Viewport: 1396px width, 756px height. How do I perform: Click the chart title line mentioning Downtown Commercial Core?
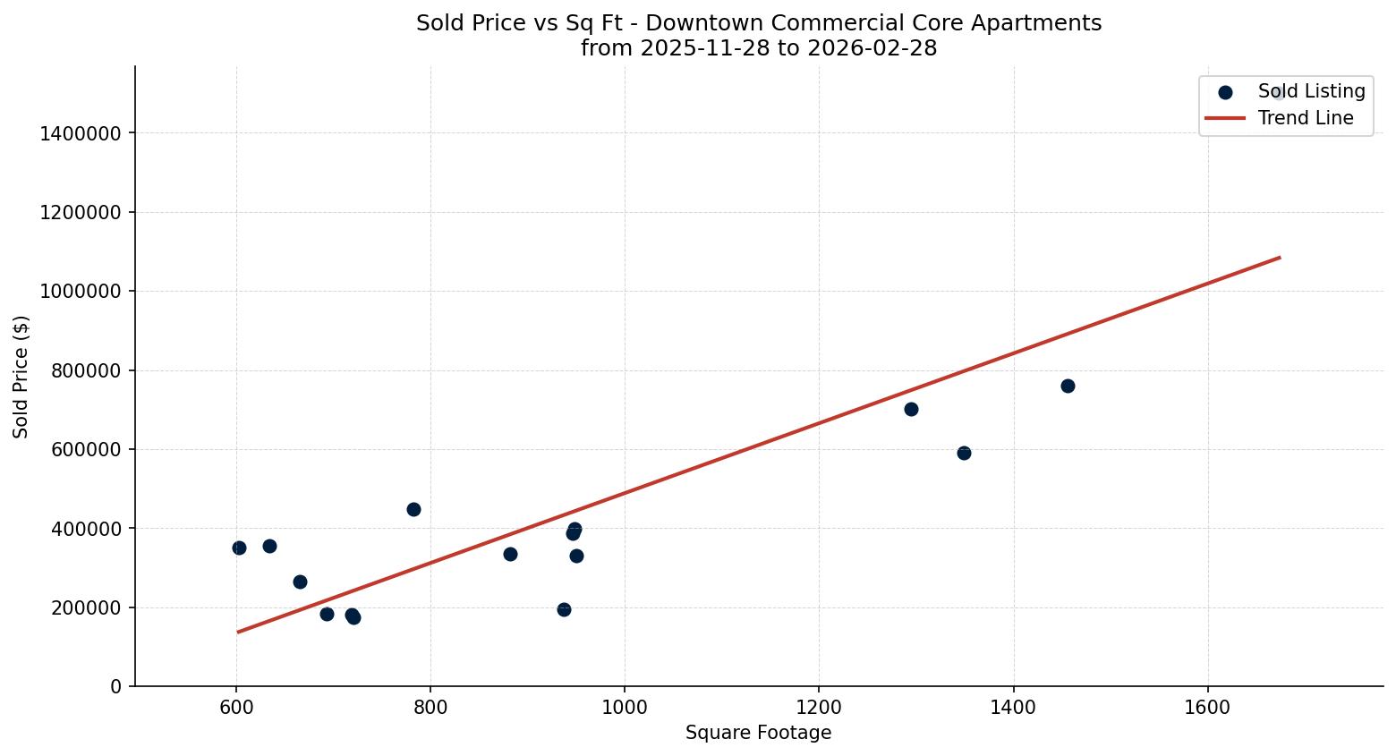click(759, 23)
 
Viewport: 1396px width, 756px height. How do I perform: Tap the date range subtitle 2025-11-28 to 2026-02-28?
click(759, 48)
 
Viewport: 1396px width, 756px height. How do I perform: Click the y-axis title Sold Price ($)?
click(21, 377)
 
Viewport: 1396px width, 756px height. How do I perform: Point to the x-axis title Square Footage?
click(758, 733)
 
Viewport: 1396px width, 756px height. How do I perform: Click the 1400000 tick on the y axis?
click(81, 133)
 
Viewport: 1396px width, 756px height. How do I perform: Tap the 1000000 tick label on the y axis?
click(81, 292)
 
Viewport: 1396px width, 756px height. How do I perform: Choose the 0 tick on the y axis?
click(115, 686)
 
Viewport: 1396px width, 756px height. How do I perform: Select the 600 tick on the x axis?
click(236, 707)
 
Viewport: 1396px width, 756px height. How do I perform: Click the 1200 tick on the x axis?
click(819, 707)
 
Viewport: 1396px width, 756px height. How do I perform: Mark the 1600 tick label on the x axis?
click(1207, 707)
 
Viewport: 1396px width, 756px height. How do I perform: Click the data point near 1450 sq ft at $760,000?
click(1068, 386)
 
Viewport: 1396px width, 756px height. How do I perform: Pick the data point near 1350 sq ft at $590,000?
click(964, 453)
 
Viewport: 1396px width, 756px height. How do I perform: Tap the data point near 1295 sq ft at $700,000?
click(911, 409)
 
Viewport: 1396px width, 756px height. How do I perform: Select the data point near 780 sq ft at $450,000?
click(413, 509)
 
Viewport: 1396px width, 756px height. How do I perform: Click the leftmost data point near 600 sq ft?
click(239, 548)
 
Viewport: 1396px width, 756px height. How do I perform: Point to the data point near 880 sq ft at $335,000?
click(510, 554)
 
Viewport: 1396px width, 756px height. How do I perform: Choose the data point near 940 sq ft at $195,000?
click(564, 609)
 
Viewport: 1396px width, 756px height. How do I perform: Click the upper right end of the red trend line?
click(1279, 258)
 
